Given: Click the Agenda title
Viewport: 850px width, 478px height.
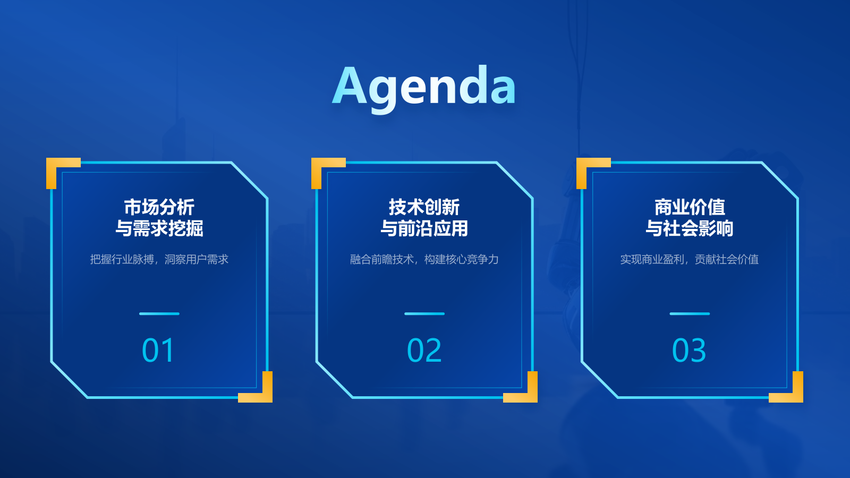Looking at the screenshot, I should (x=424, y=87).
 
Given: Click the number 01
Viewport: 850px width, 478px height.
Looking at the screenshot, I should (x=158, y=351).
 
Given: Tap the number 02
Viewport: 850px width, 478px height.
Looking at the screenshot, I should (x=424, y=351).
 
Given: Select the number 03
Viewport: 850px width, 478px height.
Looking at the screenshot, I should (x=689, y=351).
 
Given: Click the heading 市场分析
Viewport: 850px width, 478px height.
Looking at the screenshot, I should (x=159, y=207).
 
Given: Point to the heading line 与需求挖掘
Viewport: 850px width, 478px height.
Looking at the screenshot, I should (x=159, y=228).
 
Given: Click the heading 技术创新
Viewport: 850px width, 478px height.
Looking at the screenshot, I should (x=424, y=207).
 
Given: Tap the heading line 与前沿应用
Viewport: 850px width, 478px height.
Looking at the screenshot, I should (x=424, y=228).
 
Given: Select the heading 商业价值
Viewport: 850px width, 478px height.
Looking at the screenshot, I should (x=690, y=207).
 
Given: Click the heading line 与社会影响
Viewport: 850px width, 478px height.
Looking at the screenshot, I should (x=690, y=228).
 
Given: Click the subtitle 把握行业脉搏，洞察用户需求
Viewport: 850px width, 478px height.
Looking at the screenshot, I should (x=159, y=259).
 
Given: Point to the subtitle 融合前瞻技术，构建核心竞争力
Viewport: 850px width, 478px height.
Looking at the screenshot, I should (x=424, y=259).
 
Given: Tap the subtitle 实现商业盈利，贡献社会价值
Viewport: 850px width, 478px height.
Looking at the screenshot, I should (x=690, y=259).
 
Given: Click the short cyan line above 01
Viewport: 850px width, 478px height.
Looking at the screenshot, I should (x=159, y=313).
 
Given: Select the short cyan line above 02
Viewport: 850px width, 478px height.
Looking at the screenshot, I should (x=424, y=313).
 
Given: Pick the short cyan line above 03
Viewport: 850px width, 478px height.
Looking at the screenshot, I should (x=690, y=313).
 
